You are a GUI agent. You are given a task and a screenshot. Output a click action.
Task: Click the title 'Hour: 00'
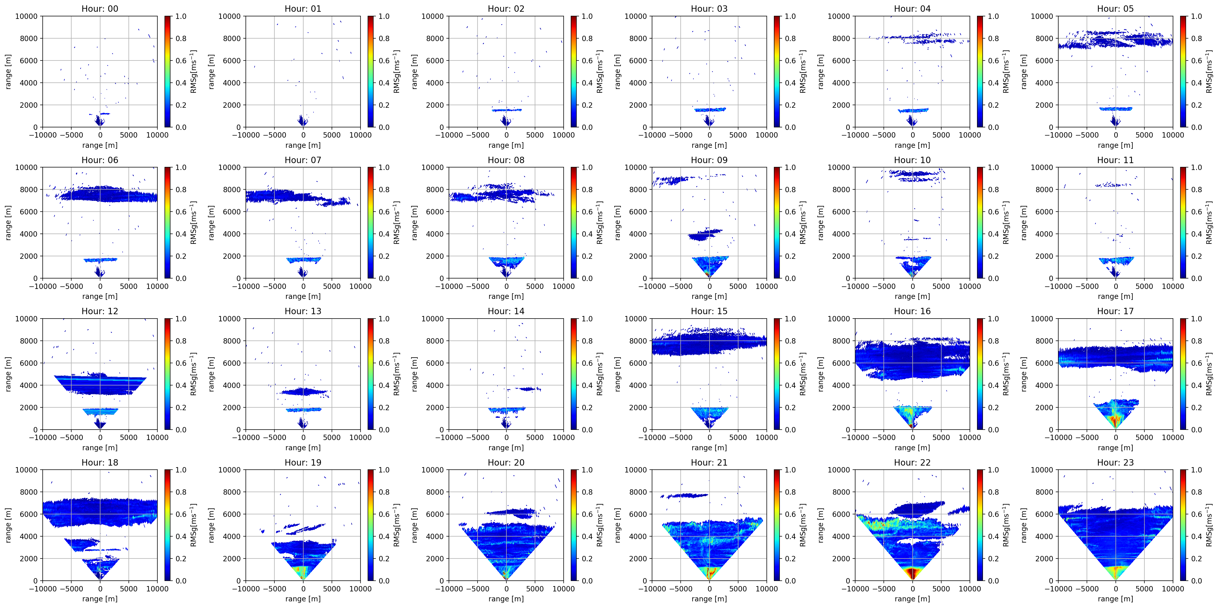pyautogui.click(x=100, y=8)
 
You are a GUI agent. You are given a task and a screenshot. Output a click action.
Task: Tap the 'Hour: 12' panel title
pyautogui.click(x=100, y=311)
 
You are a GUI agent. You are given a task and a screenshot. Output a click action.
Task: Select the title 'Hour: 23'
pyautogui.click(x=1115, y=463)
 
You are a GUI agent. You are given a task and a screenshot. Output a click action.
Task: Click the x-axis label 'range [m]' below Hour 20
pyautogui.click(x=506, y=599)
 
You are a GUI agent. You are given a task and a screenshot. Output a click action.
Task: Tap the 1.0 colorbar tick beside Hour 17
pyautogui.click(x=1196, y=319)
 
